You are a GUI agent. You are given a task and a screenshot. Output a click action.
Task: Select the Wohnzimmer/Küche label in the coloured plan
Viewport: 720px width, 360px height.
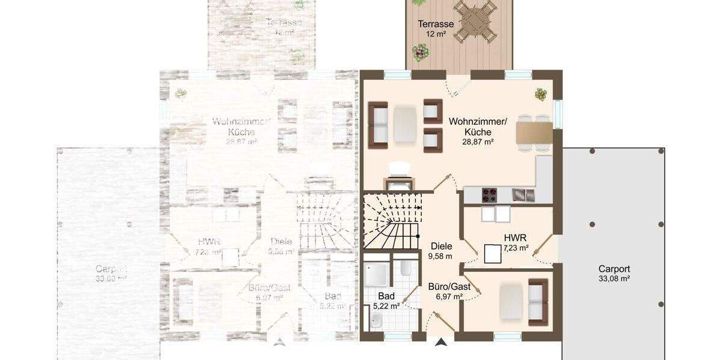pyautogui.click(x=478, y=127)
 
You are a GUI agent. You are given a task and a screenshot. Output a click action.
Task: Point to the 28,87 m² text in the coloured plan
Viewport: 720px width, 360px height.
pyautogui.click(x=478, y=142)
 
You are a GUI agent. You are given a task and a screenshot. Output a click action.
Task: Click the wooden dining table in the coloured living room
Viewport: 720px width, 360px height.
pyautogui.click(x=535, y=133)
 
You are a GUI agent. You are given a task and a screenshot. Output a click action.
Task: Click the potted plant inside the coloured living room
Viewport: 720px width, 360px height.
pyautogui.click(x=541, y=94)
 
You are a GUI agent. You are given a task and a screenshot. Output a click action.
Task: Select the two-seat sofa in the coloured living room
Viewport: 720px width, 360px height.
pyautogui.click(x=378, y=124)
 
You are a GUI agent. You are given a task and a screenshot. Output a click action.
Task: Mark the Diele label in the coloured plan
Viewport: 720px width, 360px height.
pyautogui.click(x=441, y=246)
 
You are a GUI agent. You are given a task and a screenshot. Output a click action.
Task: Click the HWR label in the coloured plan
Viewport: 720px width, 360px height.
pyautogui.click(x=512, y=238)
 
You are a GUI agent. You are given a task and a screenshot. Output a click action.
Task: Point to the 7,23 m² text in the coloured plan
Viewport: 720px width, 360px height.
pyautogui.click(x=516, y=247)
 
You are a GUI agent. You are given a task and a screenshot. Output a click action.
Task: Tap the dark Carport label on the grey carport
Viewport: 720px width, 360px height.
pyautogui.click(x=614, y=269)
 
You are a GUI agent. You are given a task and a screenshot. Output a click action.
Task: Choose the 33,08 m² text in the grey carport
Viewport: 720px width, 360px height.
pyautogui.click(x=614, y=278)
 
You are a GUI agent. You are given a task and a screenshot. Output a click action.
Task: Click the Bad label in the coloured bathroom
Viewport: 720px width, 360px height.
pyautogui.click(x=386, y=296)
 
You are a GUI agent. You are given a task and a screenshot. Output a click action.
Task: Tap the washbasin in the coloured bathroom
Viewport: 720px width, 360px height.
pyautogui.click(x=376, y=323)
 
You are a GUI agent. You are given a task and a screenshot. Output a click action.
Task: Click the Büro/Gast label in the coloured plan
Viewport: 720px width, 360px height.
pyautogui.click(x=449, y=287)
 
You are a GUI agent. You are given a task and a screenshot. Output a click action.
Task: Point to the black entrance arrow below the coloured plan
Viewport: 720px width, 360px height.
pyautogui.click(x=442, y=343)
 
